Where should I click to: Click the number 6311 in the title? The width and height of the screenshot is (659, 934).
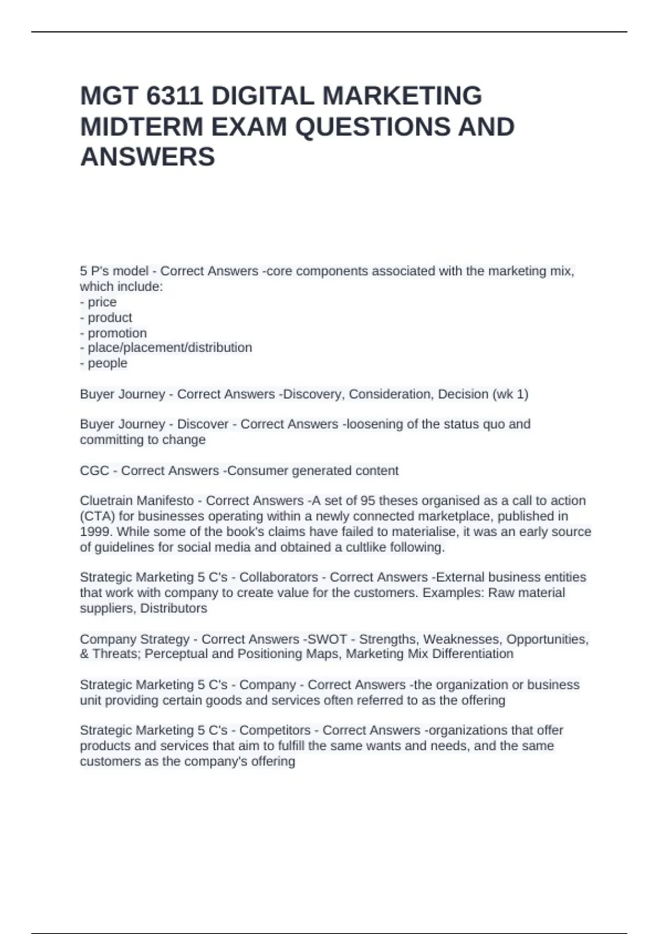(174, 96)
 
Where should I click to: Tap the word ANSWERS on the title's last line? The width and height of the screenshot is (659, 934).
(148, 157)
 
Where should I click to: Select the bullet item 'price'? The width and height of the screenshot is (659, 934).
(102, 302)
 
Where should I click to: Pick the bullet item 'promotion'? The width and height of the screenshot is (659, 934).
(117, 333)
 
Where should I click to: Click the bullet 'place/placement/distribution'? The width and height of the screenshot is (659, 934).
(170, 348)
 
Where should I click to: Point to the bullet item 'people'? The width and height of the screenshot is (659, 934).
(108, 363)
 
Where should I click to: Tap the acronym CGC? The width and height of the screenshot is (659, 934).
(94, 471)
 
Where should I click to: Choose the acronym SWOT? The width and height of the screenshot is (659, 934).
(327, 640)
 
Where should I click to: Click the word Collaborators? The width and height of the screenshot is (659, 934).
(278, 577)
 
